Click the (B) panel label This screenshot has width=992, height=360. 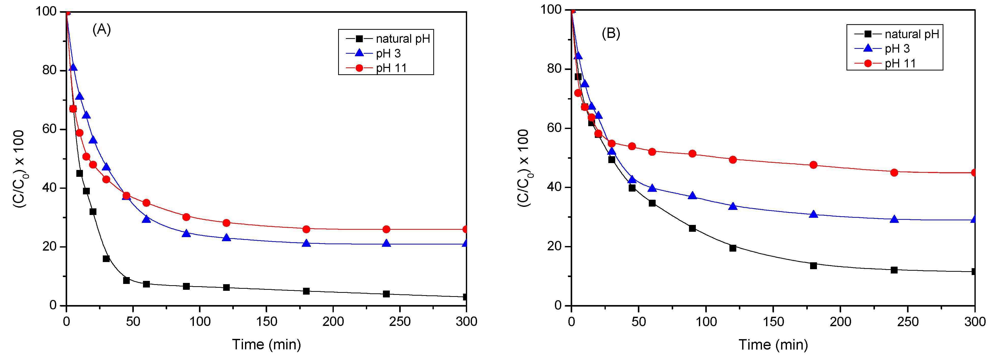(x=611, y=34)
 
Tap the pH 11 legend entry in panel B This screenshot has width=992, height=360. (x=900, y=63)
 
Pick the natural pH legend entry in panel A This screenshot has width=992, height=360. (x=402, y=38)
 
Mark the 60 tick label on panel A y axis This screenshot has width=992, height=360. (x=49, y=129)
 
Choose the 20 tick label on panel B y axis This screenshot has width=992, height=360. (x=555, y=247)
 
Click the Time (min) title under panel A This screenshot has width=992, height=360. (x=266, y=344)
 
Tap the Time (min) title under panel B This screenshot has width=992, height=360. (x=773, y=344)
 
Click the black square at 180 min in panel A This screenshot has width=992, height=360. (x=306, y=291)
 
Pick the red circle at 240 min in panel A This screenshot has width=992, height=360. (x=386, y=229)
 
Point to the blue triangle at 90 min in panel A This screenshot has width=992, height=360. (x=186, y=233)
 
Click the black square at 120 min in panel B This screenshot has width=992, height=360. (x=733, y=248)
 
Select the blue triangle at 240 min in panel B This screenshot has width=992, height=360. (x=894, y=219)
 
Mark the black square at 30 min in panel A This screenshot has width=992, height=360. (x=106, y=259)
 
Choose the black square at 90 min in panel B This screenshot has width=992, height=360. (x=692, y=228)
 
